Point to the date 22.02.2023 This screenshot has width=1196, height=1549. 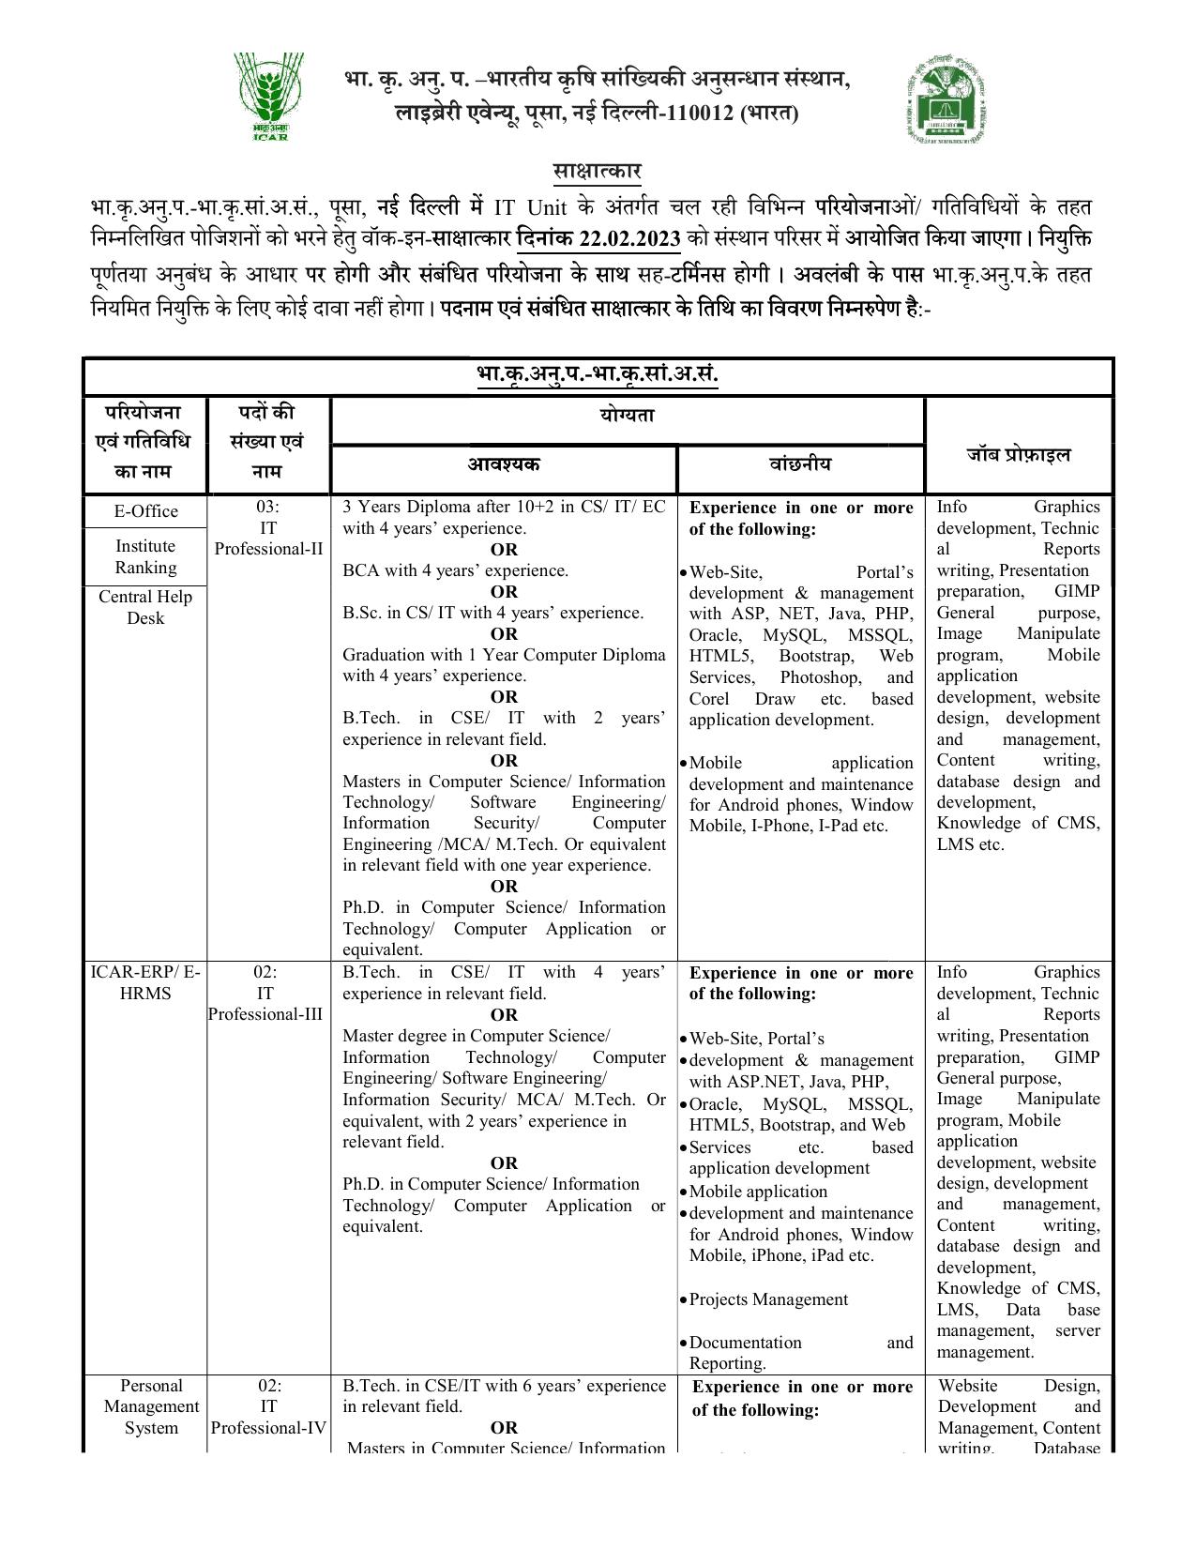pos(629,238)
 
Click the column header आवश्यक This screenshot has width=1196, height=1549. pos(504,464)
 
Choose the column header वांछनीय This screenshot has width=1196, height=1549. pos(799,464)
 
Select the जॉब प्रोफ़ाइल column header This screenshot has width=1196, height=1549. pos(1018,455)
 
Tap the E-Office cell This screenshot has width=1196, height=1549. pos(145,511)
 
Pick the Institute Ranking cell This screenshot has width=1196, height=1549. pos(145,556)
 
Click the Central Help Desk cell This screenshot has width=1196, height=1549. pos(145,607)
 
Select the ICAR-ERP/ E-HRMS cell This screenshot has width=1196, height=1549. pos(145,982)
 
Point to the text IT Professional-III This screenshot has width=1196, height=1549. pos(265,1004)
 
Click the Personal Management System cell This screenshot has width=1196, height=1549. pos(150,1406)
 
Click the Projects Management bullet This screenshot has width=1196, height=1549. pos(767,1299)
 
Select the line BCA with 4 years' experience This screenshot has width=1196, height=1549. pos(455,570)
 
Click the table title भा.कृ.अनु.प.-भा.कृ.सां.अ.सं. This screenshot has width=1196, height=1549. pos(597,375)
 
